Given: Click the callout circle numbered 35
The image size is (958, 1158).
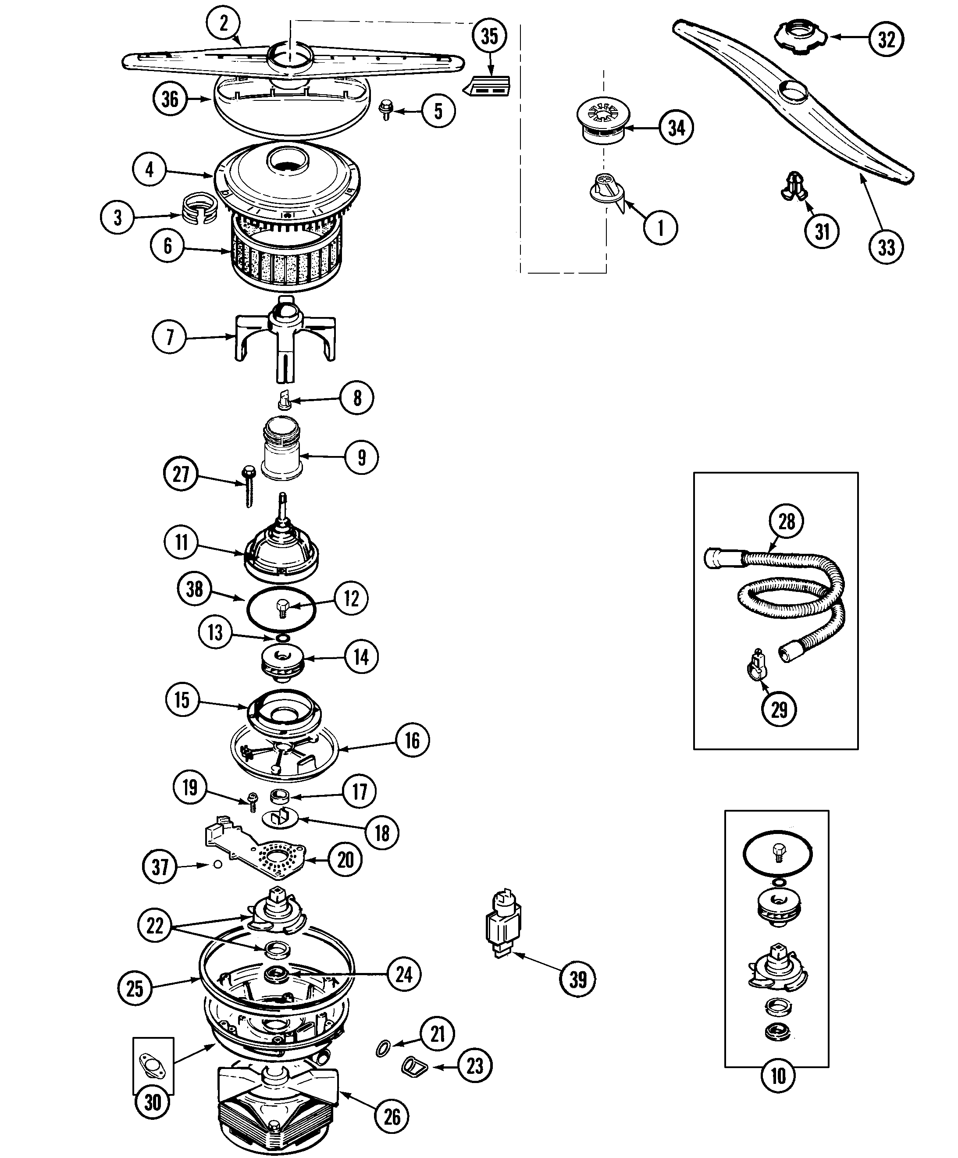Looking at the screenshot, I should click(489, 36).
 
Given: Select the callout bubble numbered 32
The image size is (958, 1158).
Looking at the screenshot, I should click(886, 39).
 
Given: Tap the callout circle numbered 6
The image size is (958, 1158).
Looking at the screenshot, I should click(167, 246).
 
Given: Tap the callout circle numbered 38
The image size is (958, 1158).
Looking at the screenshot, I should click(194, 589).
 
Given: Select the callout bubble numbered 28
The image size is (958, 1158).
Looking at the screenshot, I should click(787, 520).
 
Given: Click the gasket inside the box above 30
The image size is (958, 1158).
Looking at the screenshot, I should click(152, 1062).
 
